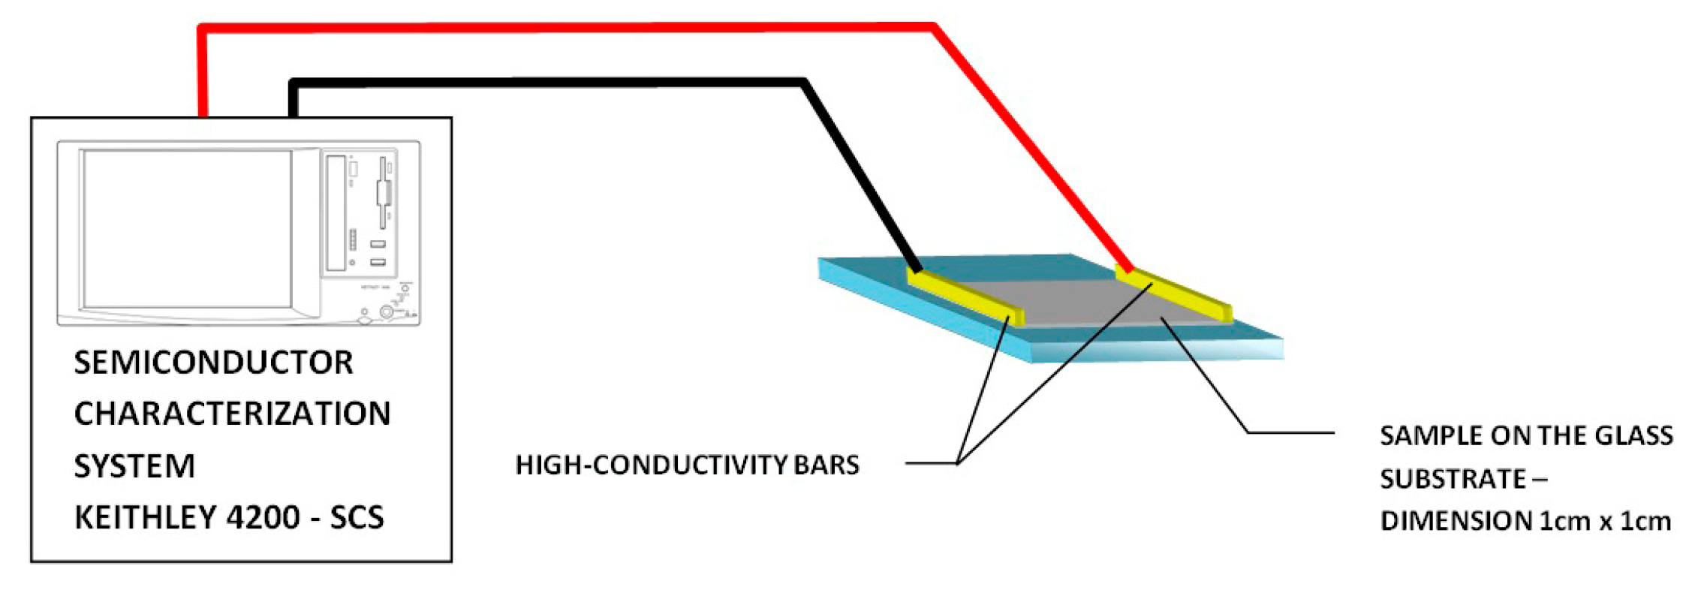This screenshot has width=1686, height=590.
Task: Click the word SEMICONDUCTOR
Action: click(213, 363)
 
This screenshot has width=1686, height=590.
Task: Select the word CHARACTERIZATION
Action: click(232, 414)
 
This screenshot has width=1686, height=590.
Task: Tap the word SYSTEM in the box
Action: click(134, 466)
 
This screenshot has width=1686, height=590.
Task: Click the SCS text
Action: click(357, 518)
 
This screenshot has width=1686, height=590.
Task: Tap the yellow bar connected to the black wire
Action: click(965, 296)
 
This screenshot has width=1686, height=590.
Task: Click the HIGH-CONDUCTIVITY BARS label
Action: click(687, 465)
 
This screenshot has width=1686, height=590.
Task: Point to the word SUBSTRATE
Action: click(1453, 478)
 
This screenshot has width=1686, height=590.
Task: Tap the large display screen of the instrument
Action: click(187, 229)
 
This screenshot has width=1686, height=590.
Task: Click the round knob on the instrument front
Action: click(387, 312)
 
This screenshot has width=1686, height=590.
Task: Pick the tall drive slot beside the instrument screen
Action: click(335, 213)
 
